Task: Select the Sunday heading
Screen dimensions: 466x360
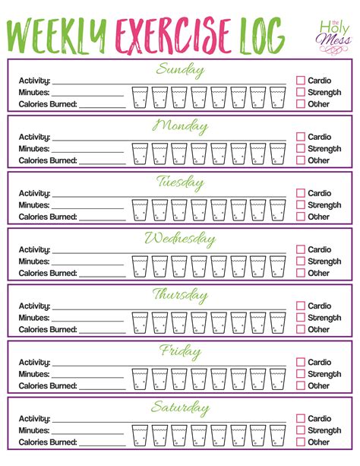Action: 180,70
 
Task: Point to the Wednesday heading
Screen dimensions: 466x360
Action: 180,239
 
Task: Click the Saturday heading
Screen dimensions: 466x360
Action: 180,408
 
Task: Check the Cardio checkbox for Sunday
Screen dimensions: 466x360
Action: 301,79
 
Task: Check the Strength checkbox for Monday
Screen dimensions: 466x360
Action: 301,148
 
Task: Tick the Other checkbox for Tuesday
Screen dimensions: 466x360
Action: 301,217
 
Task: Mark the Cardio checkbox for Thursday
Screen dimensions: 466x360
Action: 301,306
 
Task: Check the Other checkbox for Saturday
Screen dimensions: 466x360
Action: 301,442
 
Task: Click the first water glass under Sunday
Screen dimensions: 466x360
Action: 140,97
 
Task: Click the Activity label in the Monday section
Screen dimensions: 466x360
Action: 35,137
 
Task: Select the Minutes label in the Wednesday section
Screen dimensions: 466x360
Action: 35,261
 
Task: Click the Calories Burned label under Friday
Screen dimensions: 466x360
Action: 48,385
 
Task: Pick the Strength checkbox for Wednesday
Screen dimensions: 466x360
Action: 301,261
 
